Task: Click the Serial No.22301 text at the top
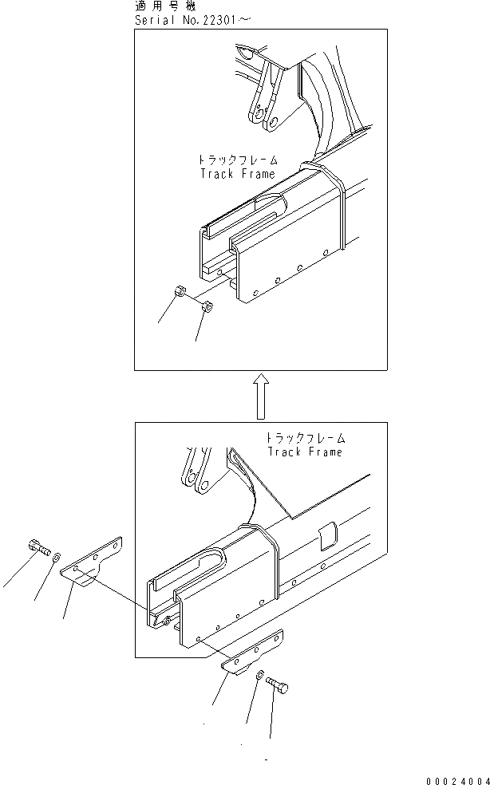point(192,18)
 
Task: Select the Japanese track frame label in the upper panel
point(236,160)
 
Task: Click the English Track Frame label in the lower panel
point(304,452)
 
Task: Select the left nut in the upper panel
point(180,294)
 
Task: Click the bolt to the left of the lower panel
point(38,548)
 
